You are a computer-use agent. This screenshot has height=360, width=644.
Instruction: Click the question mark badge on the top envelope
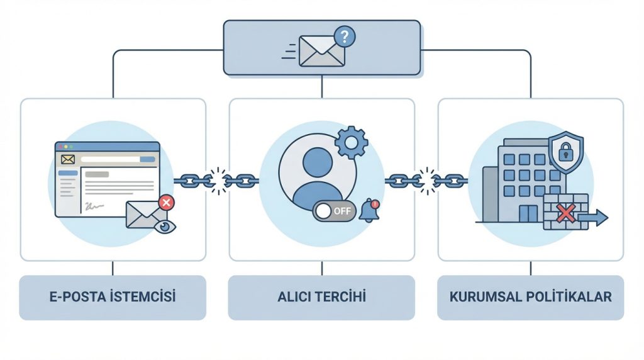click(x=345, y=37)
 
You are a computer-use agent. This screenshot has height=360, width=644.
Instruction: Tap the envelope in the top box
click(x=321, y=51)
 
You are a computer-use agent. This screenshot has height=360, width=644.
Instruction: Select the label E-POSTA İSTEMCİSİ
click(x=113, y=296)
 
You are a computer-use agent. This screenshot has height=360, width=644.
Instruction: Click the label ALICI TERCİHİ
click(x=321, y=296)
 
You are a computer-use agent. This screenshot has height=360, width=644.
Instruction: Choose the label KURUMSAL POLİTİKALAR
click(x=531, y=296)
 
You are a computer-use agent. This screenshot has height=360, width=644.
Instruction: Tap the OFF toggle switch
click(x=334, y=211)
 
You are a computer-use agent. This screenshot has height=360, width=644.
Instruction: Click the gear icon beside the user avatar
click(x=351, y=143)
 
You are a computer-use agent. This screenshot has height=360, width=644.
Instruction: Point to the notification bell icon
click(x=369, y=211)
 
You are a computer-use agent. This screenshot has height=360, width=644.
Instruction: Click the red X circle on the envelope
click(x=166, y=203)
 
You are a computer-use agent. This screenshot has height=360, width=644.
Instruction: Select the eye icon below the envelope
click(x=165, y=227)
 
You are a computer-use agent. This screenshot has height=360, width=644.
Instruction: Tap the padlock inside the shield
click(x=565, y=151)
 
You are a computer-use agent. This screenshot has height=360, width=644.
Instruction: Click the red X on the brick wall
click(x=565, y=214)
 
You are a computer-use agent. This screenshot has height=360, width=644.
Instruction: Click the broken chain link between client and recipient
click(x=218, y=181)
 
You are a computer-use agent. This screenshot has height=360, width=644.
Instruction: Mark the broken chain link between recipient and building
click(x=426, y=181)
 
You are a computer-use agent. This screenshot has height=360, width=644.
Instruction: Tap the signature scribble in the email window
click(x=94, y=206)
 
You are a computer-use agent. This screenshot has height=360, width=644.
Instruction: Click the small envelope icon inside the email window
click(x=68, y=159)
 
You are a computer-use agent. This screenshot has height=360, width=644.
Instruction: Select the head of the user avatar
click(x=318, y=162)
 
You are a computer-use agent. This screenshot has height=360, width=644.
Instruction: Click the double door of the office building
click(x=528, y=214)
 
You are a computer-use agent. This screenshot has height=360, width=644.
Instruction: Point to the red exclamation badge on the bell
click(x=375, y=203)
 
